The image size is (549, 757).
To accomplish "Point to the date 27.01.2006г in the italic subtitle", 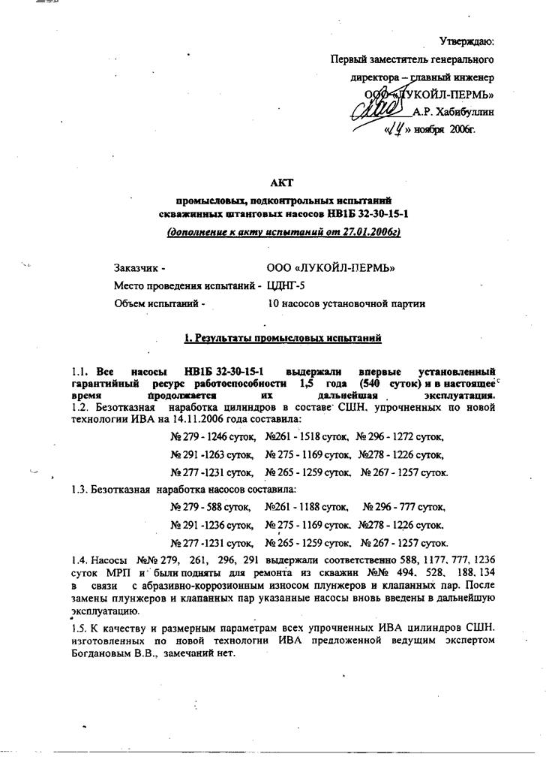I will click(x=364, y=232).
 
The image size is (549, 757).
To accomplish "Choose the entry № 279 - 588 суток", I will click(x=212, y=507).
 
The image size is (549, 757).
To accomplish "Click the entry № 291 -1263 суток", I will click(x=212, y=454).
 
